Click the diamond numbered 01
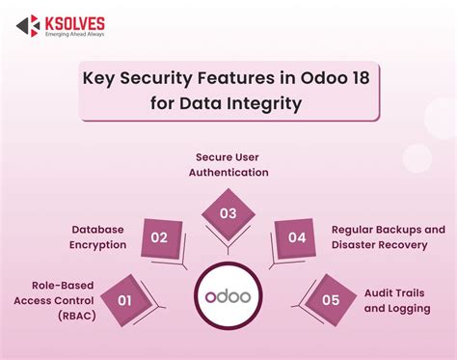pos(123,300)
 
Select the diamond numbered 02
pos(160,237)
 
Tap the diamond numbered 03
pos(228,211)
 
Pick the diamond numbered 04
pos(296,237)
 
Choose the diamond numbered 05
pos(331,300)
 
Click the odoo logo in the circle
pos(228,292)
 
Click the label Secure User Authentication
pos(228,165)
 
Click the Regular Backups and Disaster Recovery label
pos(389,237)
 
